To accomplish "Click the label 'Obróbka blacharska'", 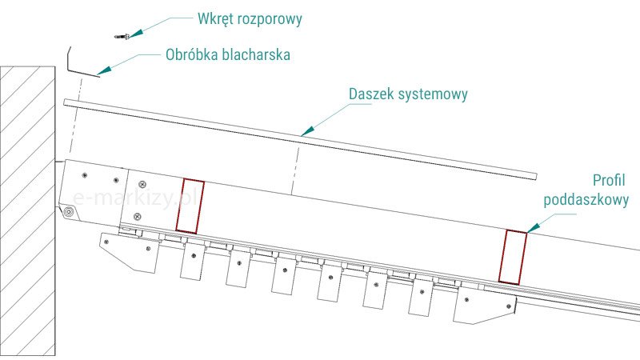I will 228,56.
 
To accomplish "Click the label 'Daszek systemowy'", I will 408,94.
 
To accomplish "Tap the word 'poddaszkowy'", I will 586,202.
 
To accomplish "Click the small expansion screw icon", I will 122,35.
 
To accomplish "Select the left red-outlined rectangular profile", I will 190,207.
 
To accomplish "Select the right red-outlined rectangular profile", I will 512,257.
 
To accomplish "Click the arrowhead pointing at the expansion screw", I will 134,33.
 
